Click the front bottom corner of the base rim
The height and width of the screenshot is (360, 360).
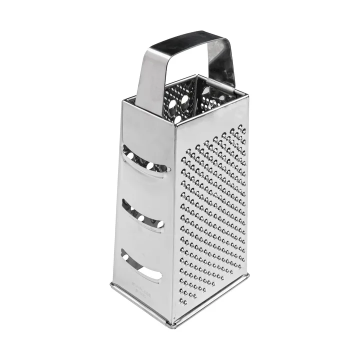click(172, 325)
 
